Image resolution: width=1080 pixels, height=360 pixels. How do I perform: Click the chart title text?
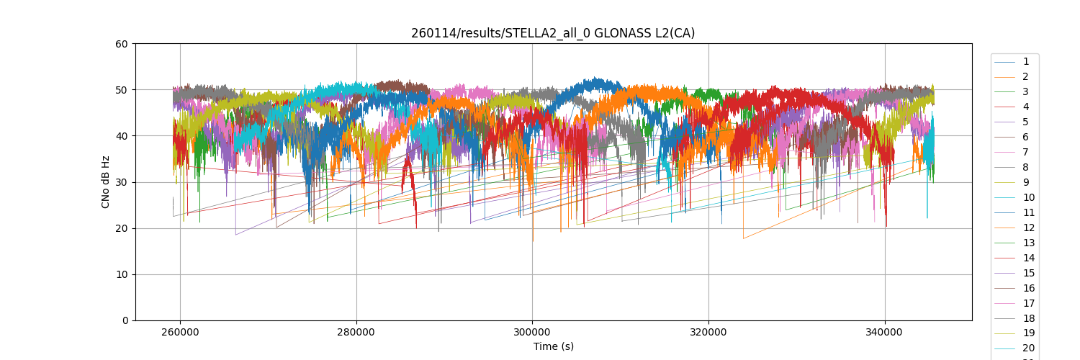click(553, 33)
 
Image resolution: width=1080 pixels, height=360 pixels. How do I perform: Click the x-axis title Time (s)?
click(553, 346)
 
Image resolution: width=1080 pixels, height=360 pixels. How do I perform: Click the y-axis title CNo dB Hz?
click(106, 182)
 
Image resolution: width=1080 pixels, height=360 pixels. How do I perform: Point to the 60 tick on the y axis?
click(122, 44)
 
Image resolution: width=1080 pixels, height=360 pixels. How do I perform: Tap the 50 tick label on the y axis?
click(122, 90)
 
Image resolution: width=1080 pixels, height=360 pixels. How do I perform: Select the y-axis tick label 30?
click(122, 182)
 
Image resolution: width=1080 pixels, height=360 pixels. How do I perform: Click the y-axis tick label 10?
click(122, 274)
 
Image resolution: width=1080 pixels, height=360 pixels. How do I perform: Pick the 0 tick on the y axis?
click(125, 320)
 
